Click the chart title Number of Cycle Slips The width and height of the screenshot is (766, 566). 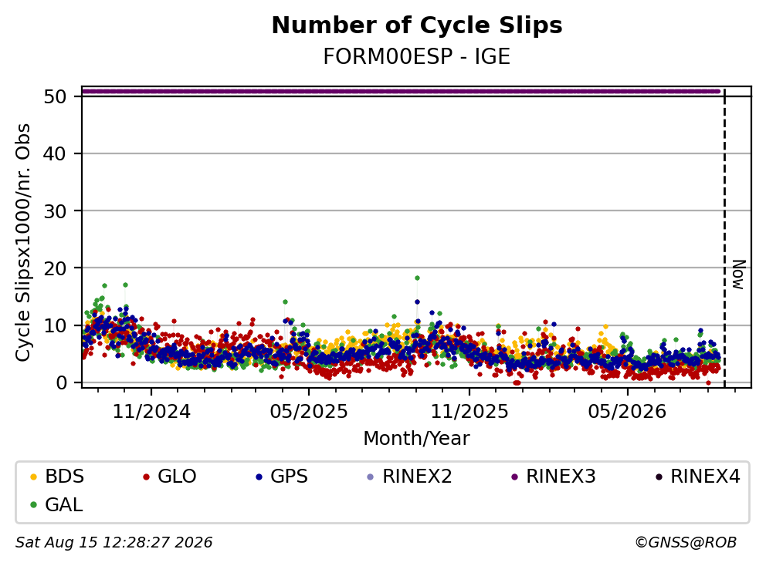417,25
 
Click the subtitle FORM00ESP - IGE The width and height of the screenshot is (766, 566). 417,56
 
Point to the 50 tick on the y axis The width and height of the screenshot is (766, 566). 55,96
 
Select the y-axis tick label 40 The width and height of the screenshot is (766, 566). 55,153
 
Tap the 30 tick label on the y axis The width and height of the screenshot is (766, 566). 55,211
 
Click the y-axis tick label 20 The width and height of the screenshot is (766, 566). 55,268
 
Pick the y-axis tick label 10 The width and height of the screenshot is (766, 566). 55,325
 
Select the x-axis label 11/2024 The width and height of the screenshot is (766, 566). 151,412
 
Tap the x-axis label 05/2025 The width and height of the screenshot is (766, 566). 309,412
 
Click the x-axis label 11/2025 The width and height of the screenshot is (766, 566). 469,412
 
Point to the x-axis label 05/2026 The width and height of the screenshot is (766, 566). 627,412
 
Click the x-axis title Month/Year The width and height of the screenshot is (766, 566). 417,439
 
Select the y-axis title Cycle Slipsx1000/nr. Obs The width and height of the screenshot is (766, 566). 23,242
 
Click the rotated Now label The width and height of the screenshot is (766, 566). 739,275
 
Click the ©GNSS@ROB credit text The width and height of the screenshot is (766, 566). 686,543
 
